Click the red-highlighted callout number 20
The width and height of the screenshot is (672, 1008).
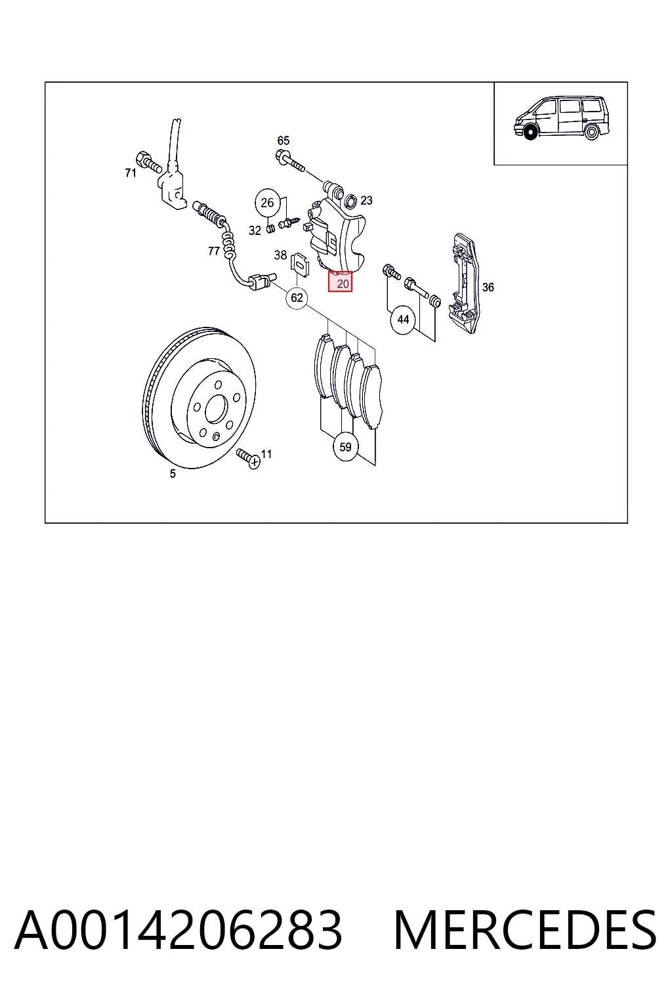point(340,282)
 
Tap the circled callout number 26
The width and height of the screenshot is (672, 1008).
point(267,203)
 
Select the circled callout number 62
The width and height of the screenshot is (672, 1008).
point(297,298)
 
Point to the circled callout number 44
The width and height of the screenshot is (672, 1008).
point(403,320)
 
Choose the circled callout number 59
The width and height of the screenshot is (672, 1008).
point(345,447)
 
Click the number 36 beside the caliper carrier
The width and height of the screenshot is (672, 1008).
point(488,287)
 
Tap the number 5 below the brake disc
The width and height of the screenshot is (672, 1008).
point(173,473)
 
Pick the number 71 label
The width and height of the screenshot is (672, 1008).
point(131,173)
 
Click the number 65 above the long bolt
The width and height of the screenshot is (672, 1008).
point(283,140)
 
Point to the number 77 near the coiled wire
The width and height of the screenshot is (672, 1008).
point(214,251)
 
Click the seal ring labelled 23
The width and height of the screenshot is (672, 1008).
point(351,200)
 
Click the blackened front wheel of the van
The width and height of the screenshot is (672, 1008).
point(532,131)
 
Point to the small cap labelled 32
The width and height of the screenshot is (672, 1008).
point(270,229)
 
